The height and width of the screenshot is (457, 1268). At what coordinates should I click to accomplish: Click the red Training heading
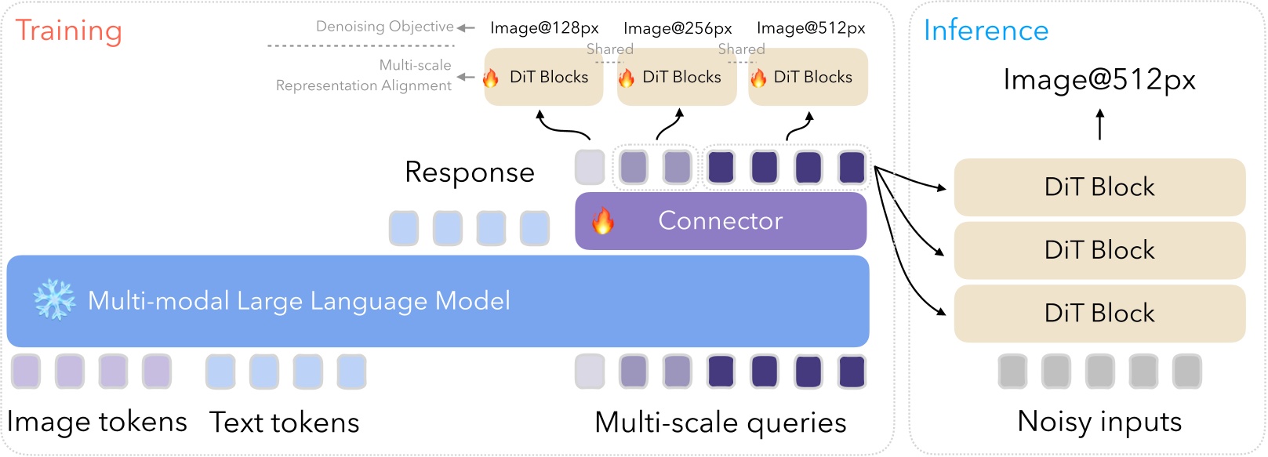pyautogui.click(x=69, y=31)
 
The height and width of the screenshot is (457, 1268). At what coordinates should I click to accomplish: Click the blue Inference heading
pyautogui.click(x=986, y=31)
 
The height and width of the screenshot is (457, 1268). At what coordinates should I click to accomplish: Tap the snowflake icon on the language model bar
pyautogui.click(x=54, y=299)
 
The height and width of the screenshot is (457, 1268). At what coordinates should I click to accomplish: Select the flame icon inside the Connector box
pyautogui.click(x=602, y=221)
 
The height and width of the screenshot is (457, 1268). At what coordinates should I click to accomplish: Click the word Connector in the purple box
pyautogui.click(x=720, y=221)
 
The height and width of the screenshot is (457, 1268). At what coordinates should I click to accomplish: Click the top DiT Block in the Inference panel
pyautogui.click(x=1099, y=187)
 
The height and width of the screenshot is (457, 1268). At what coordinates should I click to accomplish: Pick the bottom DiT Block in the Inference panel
pyautogui.click(x=1099, y=314)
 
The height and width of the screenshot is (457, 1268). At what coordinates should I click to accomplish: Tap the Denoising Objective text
pyautogui.click(x=384, y=27)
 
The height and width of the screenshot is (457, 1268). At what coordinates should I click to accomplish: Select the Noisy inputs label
pyautogui.click(x=1099, y=422)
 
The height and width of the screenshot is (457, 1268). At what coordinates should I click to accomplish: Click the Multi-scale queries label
pyautogui.click(x=720, y=423)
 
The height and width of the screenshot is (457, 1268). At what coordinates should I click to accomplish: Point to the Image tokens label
pyautogui.click(x=96, y=423)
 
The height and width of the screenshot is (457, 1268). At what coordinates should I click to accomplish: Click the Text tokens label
pyautogui.click(x=284, y=423)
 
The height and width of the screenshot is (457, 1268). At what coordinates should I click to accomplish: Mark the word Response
pyautogui.click(x=469, y=172)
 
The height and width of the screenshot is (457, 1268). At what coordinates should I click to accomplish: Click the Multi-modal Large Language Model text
pyautogui.click(x=299, y=301)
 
